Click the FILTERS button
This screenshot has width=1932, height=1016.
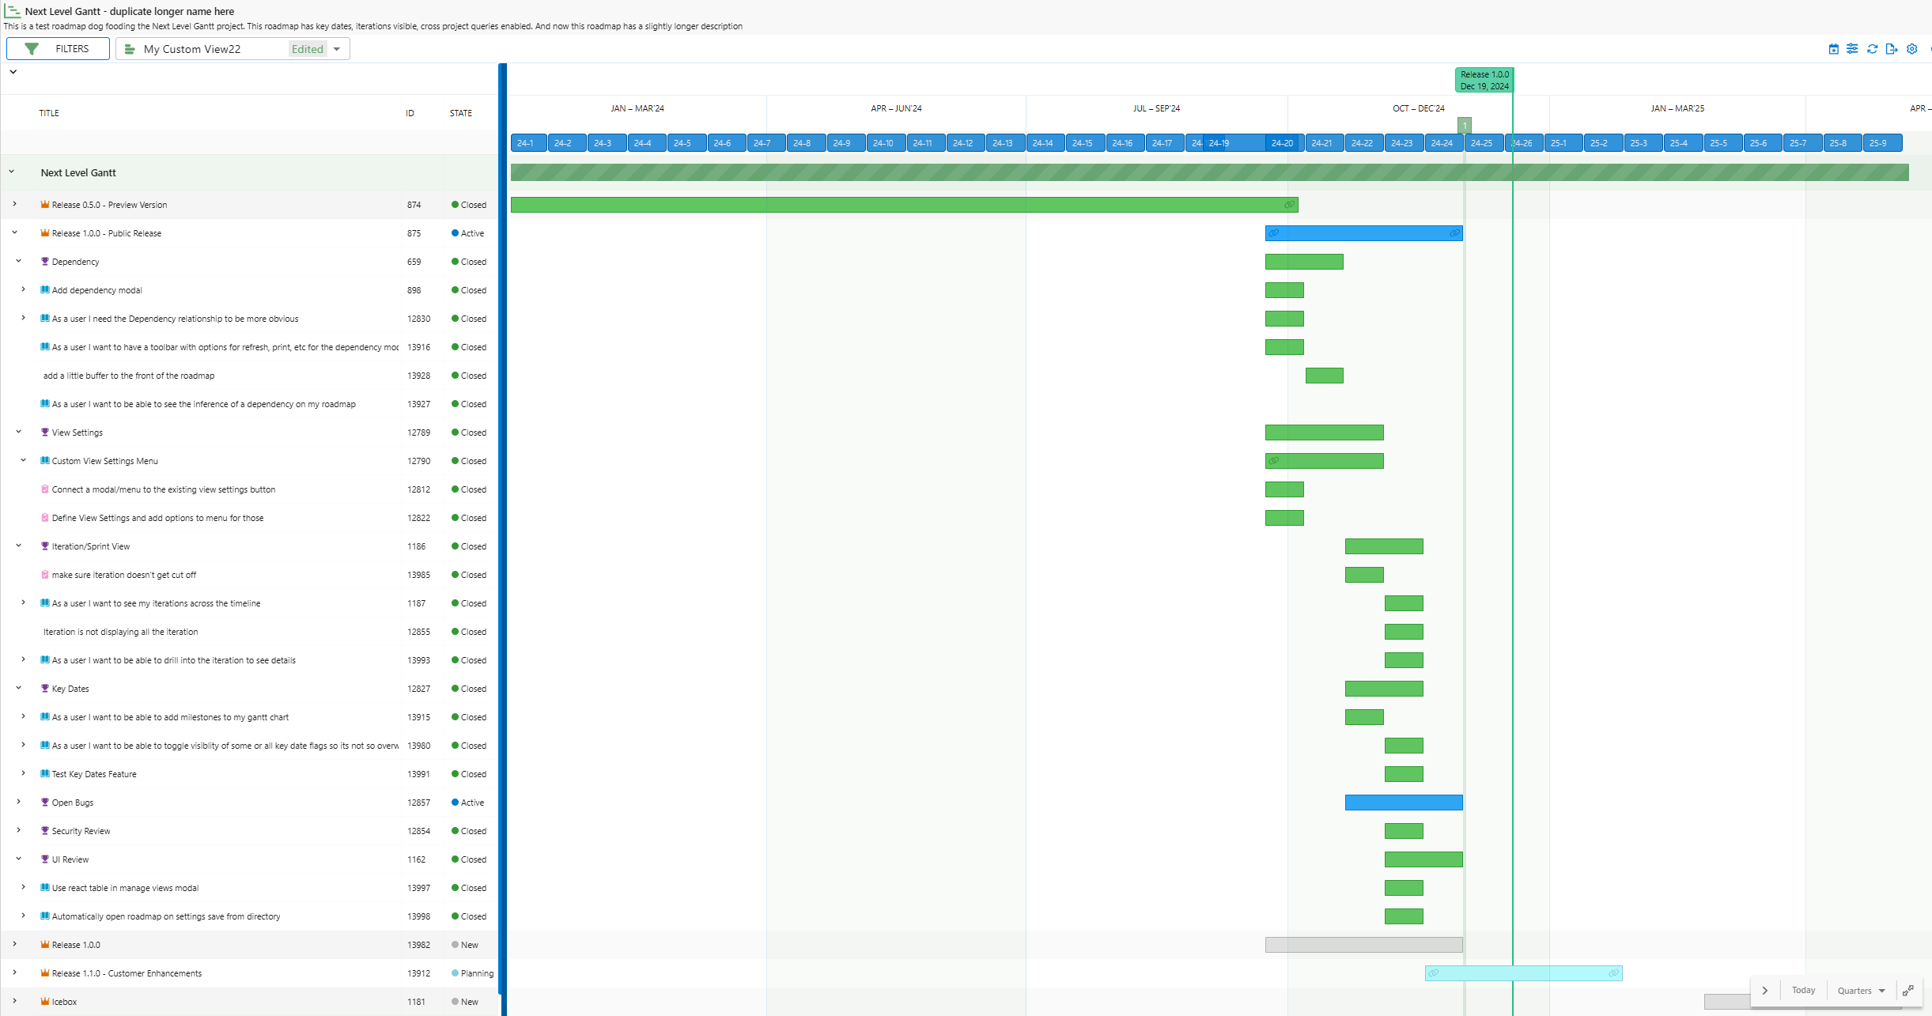point(58,49)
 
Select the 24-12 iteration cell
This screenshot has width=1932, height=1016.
point(963,143)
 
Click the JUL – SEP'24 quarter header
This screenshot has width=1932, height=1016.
point(1156,108)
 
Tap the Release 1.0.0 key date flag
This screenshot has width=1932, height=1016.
point(1484,80)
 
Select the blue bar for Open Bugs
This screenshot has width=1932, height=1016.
point(1403,803)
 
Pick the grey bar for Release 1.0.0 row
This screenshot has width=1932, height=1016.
point(1363,945)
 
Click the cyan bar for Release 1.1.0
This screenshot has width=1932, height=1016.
point(1523,973)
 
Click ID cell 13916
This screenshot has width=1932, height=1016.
point(419,347)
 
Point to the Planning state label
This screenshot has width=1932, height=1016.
point(477,973)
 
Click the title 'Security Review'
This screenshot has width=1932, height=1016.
point(81,831)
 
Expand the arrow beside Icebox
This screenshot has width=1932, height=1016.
point(14,1002)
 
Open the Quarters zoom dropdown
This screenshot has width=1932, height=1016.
point(1861,991)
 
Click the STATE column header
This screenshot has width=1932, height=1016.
point(461,113)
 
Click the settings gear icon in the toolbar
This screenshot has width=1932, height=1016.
point(1911,49)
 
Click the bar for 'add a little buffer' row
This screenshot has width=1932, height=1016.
point(1324,376)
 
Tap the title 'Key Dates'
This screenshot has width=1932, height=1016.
point(70,689)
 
